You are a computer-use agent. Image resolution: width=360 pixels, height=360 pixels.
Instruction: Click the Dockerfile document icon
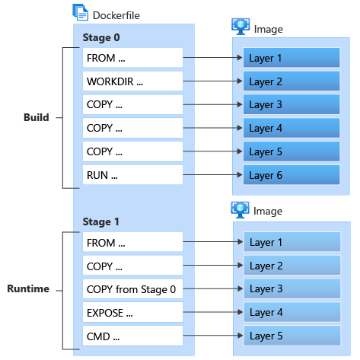[81, 12]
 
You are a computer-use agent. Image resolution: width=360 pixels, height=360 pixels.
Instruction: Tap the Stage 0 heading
[101, 37]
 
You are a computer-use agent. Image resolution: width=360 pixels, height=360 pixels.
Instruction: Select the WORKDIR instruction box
[132, 81]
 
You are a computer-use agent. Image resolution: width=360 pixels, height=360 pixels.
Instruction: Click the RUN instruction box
[132, 175]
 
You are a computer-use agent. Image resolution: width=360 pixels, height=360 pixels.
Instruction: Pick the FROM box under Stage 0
[132, 58]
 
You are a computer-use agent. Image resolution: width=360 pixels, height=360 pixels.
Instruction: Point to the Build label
[37, 117]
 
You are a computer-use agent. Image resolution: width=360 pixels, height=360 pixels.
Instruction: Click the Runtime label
[28, 288]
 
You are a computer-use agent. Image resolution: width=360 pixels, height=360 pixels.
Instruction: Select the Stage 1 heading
[101, 221]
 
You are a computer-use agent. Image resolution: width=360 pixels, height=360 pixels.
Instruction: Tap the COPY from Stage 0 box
[132, 289]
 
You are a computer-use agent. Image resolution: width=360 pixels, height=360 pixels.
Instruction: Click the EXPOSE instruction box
[132, 312]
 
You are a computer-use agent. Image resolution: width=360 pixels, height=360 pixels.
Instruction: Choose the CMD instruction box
[132, 336]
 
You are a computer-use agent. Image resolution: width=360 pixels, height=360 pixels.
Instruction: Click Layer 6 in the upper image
[292, 175]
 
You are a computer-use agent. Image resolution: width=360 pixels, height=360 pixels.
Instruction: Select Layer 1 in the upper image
[292, 58]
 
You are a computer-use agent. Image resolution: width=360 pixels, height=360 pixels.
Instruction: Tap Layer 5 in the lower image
[292, 336]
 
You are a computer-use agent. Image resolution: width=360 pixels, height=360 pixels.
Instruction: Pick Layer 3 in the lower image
[292, 288]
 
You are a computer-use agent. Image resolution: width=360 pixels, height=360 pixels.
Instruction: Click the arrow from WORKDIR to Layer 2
[212, 81]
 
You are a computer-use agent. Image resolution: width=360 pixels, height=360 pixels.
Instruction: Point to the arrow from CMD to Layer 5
[213, 336]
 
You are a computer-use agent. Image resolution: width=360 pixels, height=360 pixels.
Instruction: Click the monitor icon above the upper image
[241, 27]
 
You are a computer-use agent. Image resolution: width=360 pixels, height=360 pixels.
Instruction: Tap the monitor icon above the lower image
[240, 210]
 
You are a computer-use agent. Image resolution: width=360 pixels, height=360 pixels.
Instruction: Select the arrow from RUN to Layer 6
[212, 175]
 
